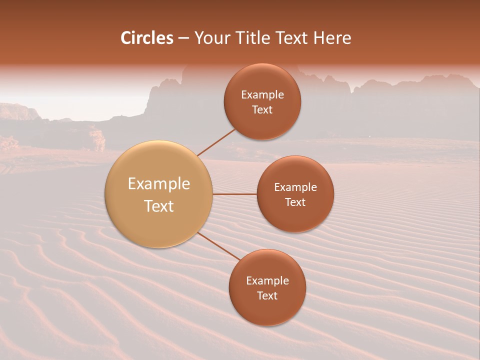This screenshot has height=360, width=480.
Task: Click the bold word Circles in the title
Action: [147, 38]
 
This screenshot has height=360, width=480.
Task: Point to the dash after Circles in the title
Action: [183, 38]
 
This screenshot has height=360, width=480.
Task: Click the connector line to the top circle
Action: [216, 142]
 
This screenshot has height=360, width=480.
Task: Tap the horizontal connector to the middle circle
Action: [235, 194]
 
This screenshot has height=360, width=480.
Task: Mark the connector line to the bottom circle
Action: [218, 246]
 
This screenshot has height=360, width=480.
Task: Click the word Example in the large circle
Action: [159, 184]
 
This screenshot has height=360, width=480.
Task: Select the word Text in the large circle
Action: [159, 206]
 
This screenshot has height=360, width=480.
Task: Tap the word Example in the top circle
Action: [262, 95]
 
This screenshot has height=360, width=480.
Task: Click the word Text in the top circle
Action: [262, 109]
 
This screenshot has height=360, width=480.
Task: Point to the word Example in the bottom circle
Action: [267, 281]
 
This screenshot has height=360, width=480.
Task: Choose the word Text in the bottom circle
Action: [267, 295]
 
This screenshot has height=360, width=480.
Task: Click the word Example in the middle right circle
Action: [295, 187]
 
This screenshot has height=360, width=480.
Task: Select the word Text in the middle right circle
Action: [295, 202]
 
